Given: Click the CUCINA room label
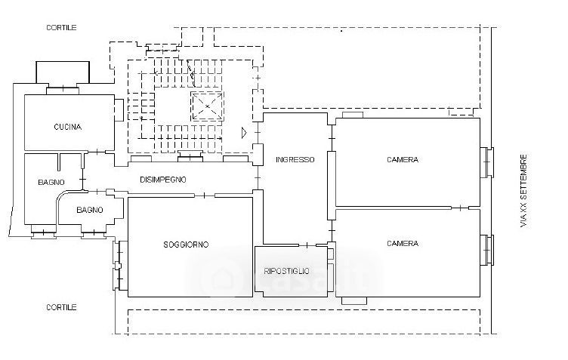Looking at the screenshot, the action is [68, 127].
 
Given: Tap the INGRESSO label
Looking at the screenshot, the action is [295, 159].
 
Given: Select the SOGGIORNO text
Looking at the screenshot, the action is [186, 245].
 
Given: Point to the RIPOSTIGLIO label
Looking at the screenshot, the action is [286, 271].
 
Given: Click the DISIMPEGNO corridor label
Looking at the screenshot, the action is [163, 180].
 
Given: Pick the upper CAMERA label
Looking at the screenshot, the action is [403, 159].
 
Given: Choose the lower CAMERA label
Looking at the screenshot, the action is [403, 244].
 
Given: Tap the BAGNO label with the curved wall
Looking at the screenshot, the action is [89, 210].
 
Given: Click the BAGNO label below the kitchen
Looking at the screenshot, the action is [51, 183].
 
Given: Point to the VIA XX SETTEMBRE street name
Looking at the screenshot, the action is [523, 191].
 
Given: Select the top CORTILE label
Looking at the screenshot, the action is [61, 27].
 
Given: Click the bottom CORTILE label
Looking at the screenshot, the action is [61, 307].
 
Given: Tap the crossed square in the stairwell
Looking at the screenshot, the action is [207, 106].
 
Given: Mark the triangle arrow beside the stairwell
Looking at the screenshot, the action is [244, 133].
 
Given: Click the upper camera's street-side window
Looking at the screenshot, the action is [487, 162].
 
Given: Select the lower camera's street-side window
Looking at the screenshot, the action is [487, 250].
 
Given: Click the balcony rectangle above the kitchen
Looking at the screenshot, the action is [63, 72].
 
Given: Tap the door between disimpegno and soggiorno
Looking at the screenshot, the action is [204, 195].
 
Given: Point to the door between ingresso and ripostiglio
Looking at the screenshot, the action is [307, 245].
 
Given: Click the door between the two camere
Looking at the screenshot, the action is [460, 208].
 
